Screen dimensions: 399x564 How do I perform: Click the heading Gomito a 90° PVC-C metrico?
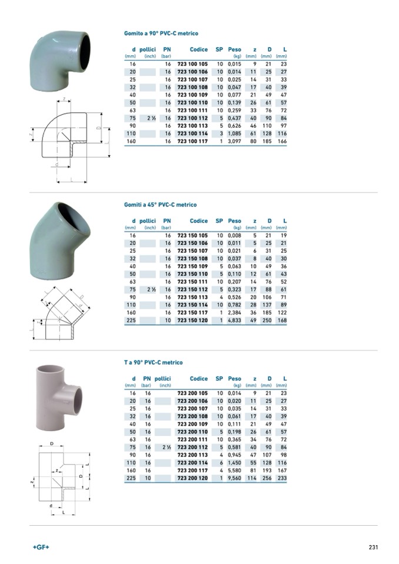(x=161, y=34)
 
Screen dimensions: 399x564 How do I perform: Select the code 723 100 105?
(x=192, y=64)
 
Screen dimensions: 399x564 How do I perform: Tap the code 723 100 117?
(x=192, y=141)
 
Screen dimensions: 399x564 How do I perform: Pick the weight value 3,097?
(x=234, y=141)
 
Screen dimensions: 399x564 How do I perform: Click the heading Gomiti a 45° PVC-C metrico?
(x=161, y=205)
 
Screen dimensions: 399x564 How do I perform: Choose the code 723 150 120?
(x=192, y=320)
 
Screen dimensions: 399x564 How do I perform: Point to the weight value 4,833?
(x=234, y=320)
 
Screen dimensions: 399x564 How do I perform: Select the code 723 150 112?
(x=192, y=289)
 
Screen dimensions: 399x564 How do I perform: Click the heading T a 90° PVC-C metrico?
(x=153, y=362)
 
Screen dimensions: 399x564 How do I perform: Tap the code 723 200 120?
(x=192, y=478)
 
